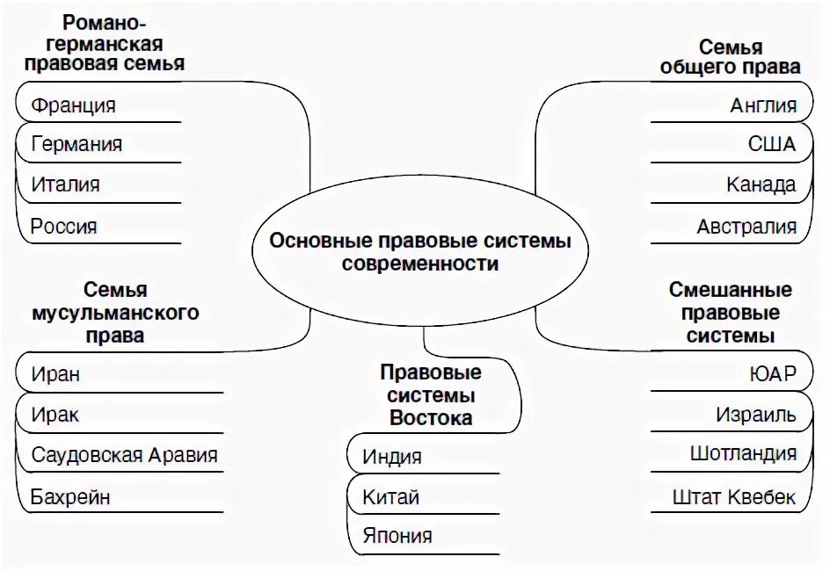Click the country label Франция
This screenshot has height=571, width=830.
[73, 105]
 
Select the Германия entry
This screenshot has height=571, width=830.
[76, 144]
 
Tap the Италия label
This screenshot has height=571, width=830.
[65, 184]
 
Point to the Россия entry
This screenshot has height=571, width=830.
[64, 226]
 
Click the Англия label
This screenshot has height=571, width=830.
[763, 105]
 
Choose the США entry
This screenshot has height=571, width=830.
[772, 144]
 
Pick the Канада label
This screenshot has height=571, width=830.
[761, 184]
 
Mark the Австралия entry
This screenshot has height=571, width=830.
[746, 226]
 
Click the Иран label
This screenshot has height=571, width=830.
[55, 373]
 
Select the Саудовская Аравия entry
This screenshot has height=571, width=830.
[124, 455]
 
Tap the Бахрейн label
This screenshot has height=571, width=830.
[70, 496]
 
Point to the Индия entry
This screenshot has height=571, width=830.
[392, 457]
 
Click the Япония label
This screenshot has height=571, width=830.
[397, 535]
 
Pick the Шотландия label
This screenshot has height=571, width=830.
[744, 453]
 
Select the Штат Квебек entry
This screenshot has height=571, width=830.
[733, 496]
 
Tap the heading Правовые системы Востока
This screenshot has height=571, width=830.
[431, 395]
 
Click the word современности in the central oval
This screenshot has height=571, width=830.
[420, 264]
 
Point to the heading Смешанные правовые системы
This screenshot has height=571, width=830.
[731, 313]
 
